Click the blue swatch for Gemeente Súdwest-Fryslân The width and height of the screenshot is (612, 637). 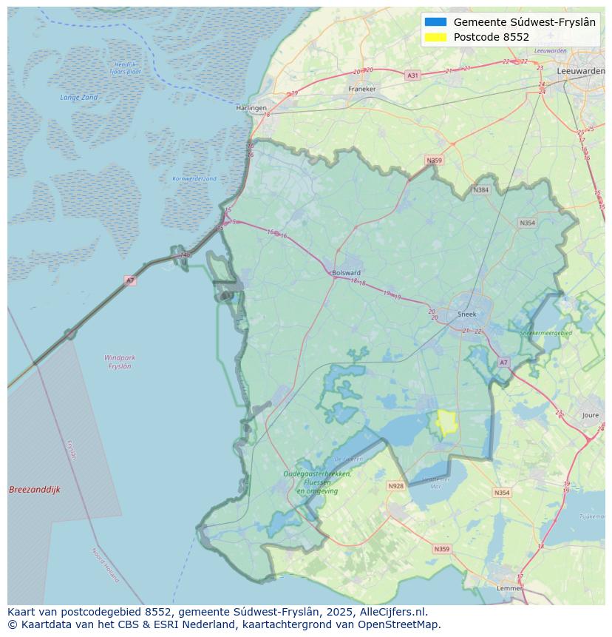click(436, 22)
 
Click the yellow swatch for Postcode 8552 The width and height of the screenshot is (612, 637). click(436, 37)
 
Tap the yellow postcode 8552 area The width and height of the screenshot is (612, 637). click(446, 422)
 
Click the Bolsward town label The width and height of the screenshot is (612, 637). click(346, 272)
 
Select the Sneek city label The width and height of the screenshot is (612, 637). click(467, 314)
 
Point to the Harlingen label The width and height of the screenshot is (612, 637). click(251, 108)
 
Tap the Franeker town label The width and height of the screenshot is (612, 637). click(362, 89)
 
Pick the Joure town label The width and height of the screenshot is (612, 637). click(591, 416)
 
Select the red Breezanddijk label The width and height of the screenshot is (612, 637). click(35, 490)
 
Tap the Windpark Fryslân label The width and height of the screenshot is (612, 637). click(120, 362)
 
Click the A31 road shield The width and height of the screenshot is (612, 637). click(412, 75)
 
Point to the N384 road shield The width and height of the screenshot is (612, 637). click(481, 190)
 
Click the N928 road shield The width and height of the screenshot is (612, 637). click(396, 486)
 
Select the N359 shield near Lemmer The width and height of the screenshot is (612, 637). click(441, 549)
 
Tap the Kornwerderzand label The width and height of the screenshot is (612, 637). click(194, 178)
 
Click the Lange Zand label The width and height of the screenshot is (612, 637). click(79, 97)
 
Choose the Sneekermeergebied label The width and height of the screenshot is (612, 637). click(546, 334)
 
